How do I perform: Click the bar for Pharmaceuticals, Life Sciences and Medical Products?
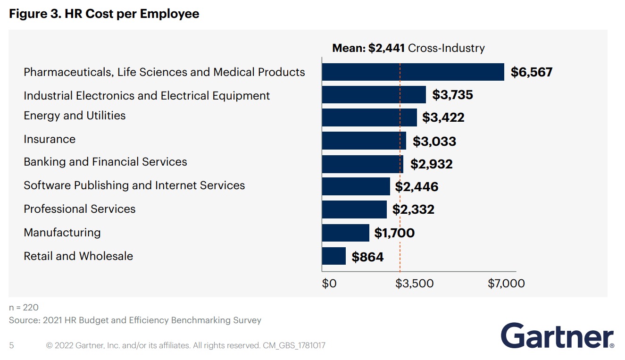pyautogui.click(x=413, y=72)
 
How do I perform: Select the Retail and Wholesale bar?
pyautogui.click(x=334, y=256)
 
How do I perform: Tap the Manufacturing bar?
pyautogui.click(x=345, y=233)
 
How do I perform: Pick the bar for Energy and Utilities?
pyautogui.click(x=369, y=117)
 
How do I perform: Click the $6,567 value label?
pyautogui.click(x=532, y=72)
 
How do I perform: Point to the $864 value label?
pyautogui.click(x=367, y=257)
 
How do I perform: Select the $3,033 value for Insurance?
pyautogui.click(x=434, y=141)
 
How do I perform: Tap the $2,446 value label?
pyautogui.click(x=417, y=187)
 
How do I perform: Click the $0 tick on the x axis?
pyautogui.click(x=329, y=283)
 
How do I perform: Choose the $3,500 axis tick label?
pyautogui.click(x=414, y=283)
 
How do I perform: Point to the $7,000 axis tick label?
pyautogui.click(x=506, y=283)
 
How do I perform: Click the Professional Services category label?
pyautogui.click(x=80, y=209)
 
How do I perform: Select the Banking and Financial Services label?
pyautogui.click(x=105, y=162)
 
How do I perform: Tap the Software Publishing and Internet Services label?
pyautogui.click(x=134, y=185)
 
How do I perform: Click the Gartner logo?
pyautogui.click(x=557, y=335)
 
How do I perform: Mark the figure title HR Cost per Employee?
pyautogui.click(x=104, y=14)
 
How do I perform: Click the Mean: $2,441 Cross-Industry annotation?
pyautogui.click(x=408, y=48)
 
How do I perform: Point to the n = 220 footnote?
pyautogui.click(x=24, y=308)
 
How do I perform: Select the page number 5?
pyautogui.click(x=11, y=345)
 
